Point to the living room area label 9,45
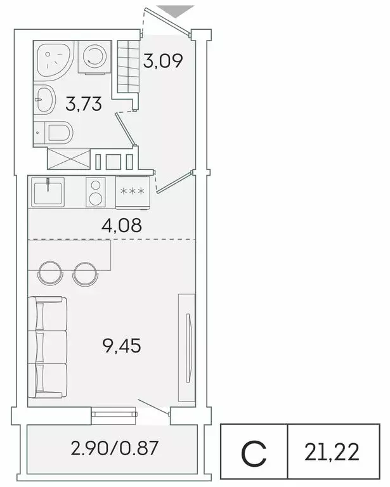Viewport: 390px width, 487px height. coord(121,346)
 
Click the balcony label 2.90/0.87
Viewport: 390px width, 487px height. coord(114,450)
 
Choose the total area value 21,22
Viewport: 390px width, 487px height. coord(332,452)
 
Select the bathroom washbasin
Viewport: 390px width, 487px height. coord(46,98)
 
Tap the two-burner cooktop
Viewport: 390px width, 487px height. coord(96,192)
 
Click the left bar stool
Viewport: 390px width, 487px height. coord(51,273)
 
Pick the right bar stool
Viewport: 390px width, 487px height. coord(85,273)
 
